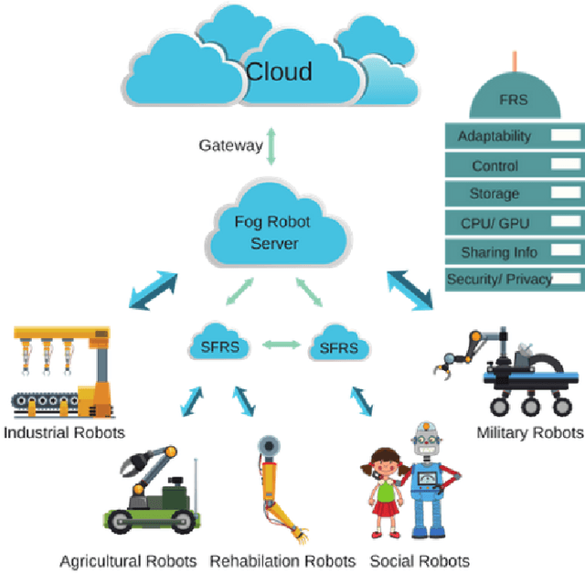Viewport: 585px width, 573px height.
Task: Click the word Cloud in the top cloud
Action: pos(279,71)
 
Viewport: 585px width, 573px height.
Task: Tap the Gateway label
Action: pos(230,145)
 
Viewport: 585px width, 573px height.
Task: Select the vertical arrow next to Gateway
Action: pos(271,146)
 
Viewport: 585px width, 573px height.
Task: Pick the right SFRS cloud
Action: pos(339,348)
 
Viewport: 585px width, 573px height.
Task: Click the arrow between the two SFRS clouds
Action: pos(280,345)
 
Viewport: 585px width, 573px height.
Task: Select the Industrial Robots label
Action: pos(63,431)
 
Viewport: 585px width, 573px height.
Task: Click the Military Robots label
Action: pos(529,432)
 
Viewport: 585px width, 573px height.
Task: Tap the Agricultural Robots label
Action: pos(128,560)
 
